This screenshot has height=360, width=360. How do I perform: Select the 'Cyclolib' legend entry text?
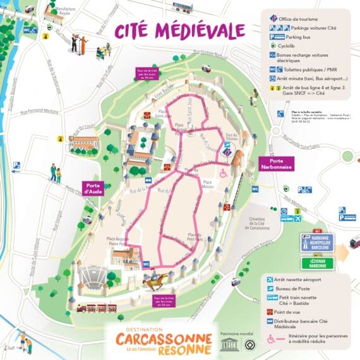(x=287, y=45)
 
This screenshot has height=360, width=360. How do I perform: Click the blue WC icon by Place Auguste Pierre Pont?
(x=146, y=264)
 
